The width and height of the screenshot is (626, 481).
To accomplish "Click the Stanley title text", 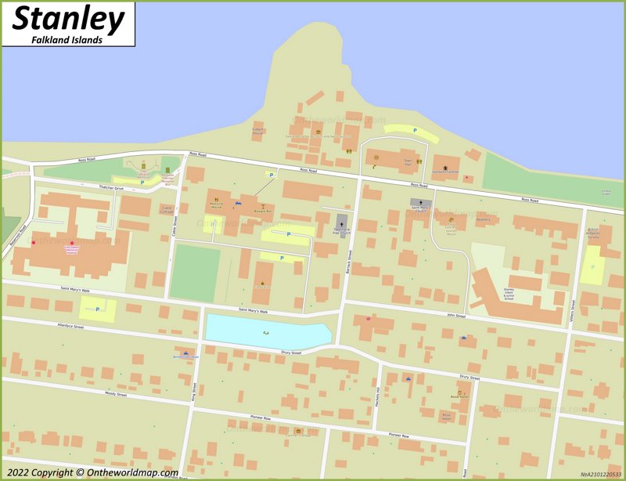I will point(68,20).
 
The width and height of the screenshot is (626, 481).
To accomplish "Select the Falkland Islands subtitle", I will point(68,39).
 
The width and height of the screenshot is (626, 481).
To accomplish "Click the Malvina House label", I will point(217,208).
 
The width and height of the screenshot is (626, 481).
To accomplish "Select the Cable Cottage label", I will point(167,210).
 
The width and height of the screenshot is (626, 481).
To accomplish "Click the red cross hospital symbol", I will point(73,243).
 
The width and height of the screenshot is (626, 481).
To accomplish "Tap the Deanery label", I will point(483,220).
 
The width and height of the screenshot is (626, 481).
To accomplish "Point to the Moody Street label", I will point(116,394).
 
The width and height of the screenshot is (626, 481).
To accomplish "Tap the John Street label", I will point(456,316).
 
